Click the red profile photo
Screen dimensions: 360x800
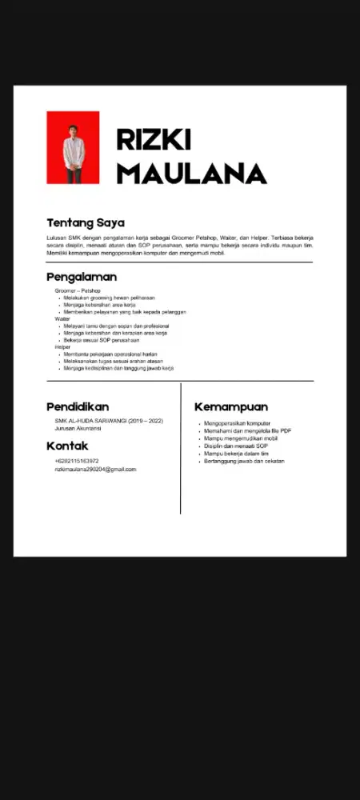point(73,147)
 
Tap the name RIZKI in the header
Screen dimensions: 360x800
point(154,139)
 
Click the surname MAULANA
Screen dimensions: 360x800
point(191,173)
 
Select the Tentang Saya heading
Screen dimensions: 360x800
point(86,222)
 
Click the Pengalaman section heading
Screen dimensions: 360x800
point(82,277)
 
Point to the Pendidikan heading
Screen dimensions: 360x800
point(78,406)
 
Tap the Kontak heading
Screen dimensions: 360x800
point(67,446)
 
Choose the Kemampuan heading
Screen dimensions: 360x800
point(231,406)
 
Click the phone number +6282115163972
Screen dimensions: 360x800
point(77,461)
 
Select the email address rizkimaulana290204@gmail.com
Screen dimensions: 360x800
point(95,470)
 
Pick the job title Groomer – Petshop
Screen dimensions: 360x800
point(78,290)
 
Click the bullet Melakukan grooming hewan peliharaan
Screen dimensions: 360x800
point(109,298)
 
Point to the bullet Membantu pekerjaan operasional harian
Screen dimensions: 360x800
point(111,354)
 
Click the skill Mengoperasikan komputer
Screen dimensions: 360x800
point(237,423)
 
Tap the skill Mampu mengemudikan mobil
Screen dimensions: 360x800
point(241,438)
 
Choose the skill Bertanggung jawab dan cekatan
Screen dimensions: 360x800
point(244,461)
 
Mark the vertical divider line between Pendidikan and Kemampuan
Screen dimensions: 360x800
point(181,448)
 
